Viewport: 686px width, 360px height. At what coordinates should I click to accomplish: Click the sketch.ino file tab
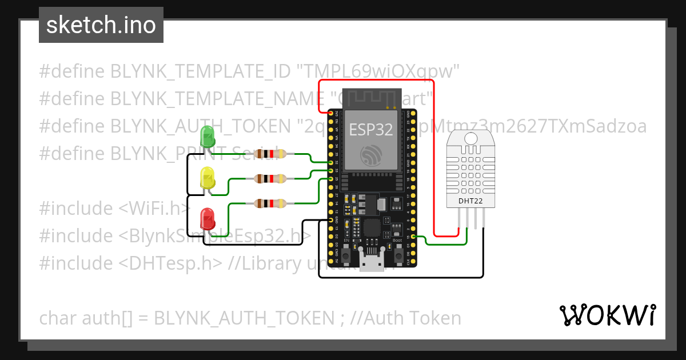101,25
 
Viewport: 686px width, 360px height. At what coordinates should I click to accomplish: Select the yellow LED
207,178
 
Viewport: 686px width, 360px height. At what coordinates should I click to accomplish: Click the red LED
207,219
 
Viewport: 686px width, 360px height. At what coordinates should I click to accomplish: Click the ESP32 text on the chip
371,130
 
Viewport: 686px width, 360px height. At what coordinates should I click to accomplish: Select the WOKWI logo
607,315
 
